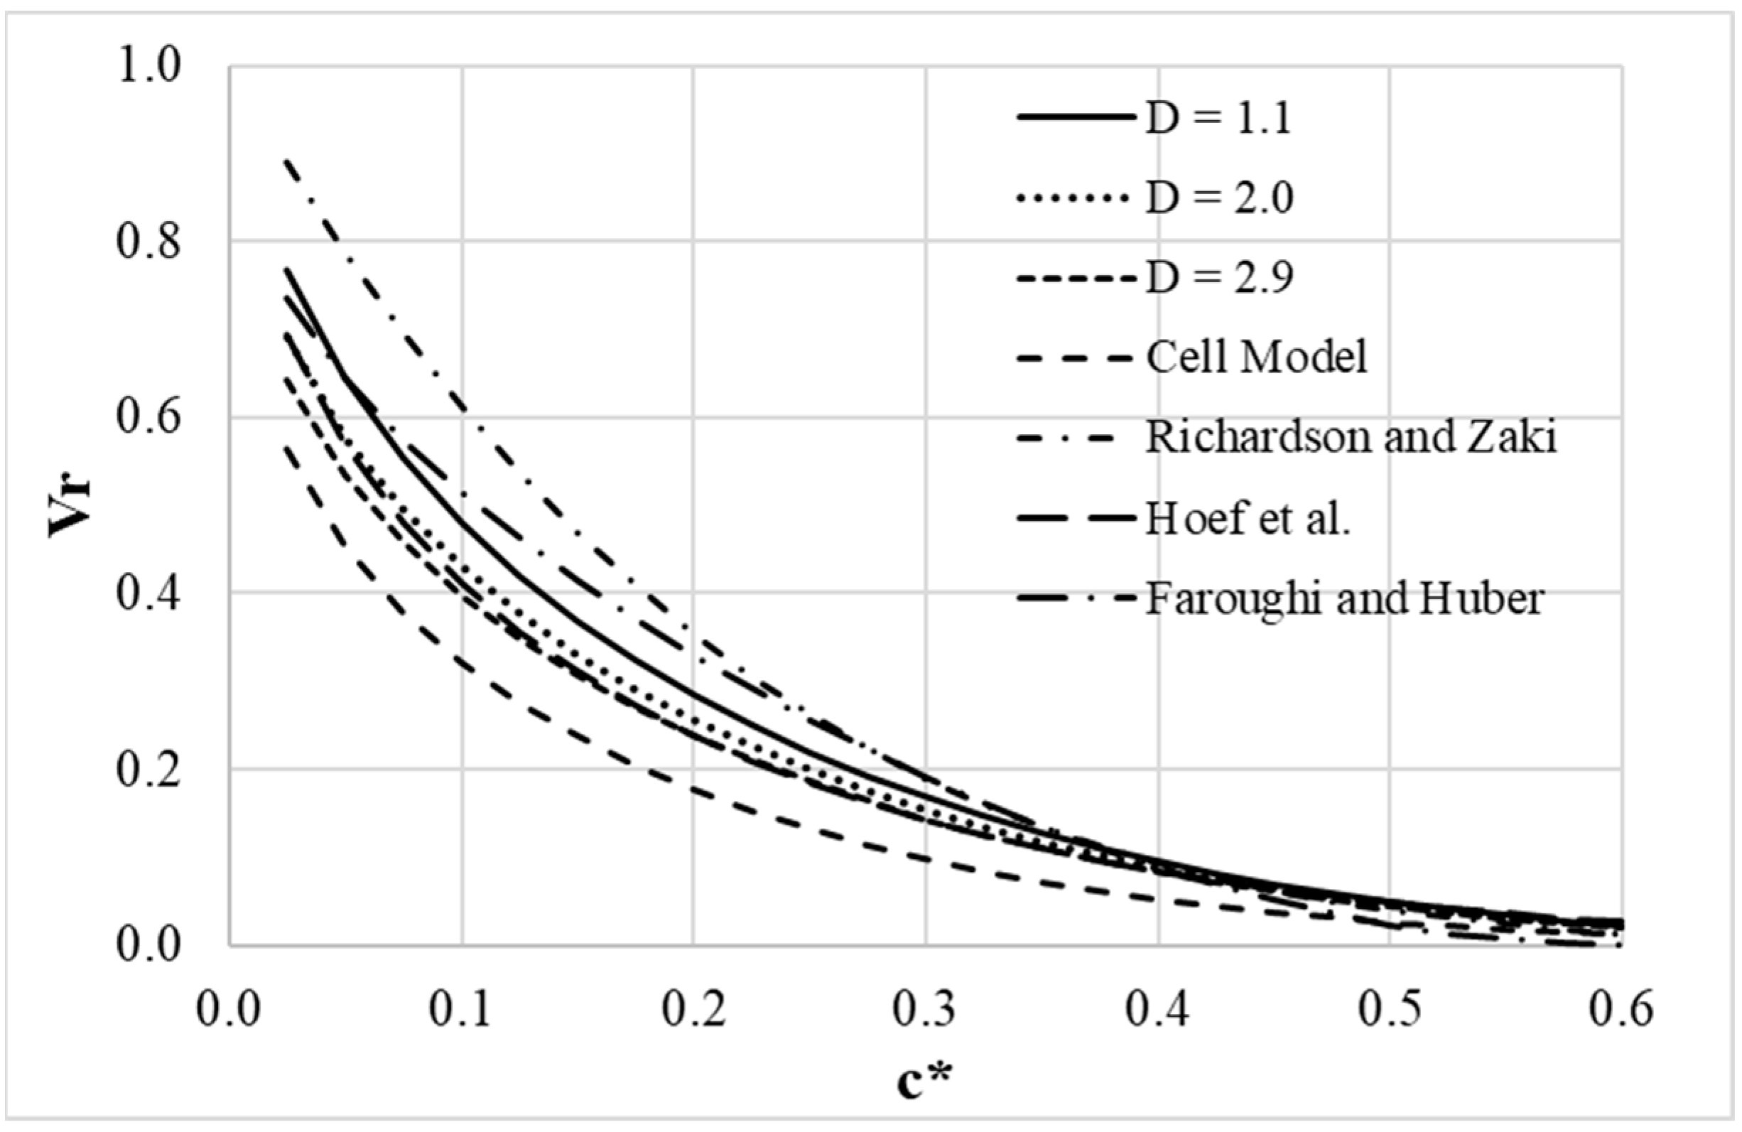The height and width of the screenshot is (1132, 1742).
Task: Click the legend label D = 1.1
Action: [1218, 118]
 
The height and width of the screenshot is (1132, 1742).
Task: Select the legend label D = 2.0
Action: [1219, 198]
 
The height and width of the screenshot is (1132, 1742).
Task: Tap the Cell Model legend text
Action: [1256, 358]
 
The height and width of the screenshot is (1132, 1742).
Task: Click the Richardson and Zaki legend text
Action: [1351, 438]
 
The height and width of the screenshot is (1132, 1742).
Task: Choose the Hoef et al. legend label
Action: [1248, 519]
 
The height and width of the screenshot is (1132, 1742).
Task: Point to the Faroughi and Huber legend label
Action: [1345, 599]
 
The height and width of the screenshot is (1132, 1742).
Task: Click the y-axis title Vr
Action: [70, 506]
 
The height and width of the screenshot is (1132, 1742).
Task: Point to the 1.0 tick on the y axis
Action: [148, 67]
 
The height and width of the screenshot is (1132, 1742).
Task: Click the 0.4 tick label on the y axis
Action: [148, 594]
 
